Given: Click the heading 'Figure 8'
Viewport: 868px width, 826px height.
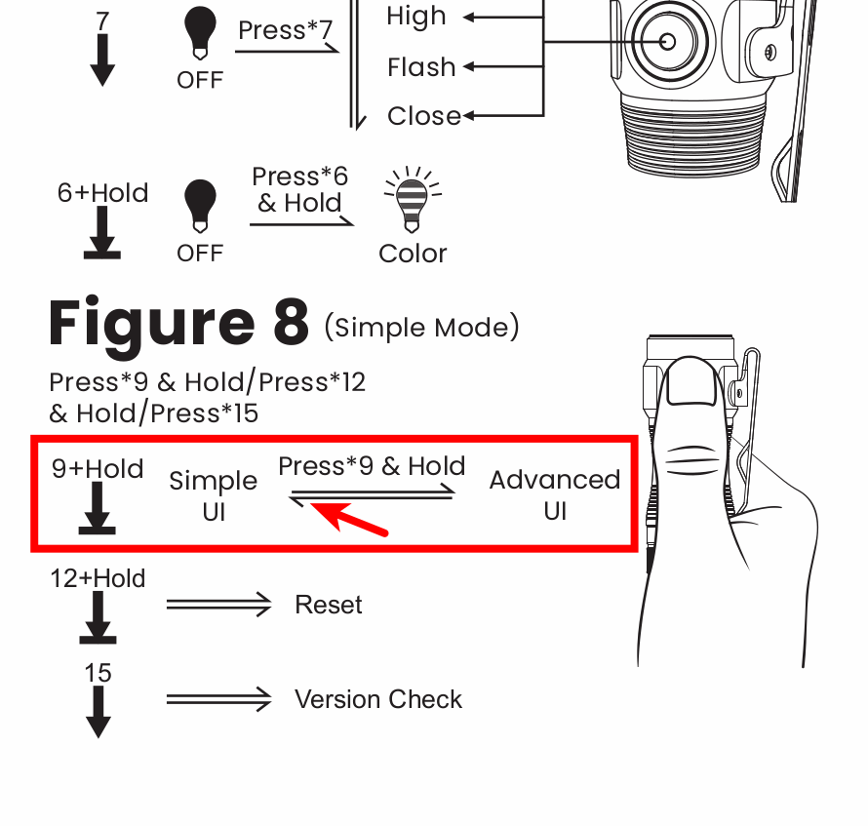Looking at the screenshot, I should coord(178,324).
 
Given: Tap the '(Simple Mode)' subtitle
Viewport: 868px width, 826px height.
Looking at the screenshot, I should coord(421,327).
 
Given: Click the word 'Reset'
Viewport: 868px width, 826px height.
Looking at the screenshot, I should coord(329,605).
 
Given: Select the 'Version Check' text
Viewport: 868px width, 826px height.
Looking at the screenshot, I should coord(378,699).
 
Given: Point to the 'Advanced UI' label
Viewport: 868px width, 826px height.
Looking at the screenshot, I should coord(555,495).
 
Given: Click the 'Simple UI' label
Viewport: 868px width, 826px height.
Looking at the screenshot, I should coord(214,495).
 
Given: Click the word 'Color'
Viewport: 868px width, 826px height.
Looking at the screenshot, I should coord(413,254).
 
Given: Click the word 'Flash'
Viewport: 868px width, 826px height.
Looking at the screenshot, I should coord(421,67).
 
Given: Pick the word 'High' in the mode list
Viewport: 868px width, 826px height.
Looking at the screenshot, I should coord(416,17).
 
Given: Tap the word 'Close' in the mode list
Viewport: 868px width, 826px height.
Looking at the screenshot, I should coord(424,116).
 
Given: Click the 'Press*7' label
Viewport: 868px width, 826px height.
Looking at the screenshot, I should coord(285,30).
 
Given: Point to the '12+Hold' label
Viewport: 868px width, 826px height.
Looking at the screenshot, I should coord(98,578).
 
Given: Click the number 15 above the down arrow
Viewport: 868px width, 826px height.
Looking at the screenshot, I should coord(98,673).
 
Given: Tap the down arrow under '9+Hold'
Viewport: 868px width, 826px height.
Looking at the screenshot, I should coord(97,510).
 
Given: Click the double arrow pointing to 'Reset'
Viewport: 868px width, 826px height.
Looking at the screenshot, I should coord(219,606).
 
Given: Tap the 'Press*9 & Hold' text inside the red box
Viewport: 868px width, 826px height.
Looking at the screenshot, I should coord(372,466).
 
